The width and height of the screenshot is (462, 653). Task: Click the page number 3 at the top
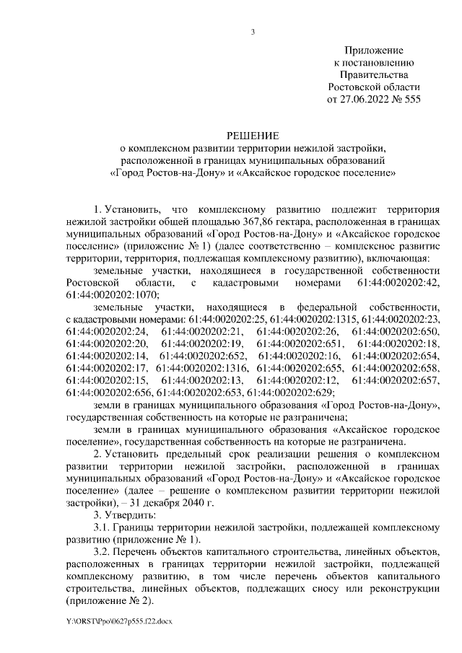pyautogui.click(x=252, y=30)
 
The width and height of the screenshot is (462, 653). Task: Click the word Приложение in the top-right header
pyautogui.click(x=373, y=50)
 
